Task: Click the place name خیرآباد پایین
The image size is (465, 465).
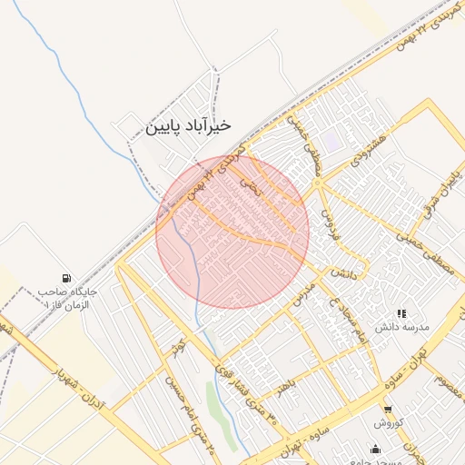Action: coord(188,125)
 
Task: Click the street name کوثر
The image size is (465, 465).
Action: coord(177,346)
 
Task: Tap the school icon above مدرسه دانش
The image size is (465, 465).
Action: coord(401,312)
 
